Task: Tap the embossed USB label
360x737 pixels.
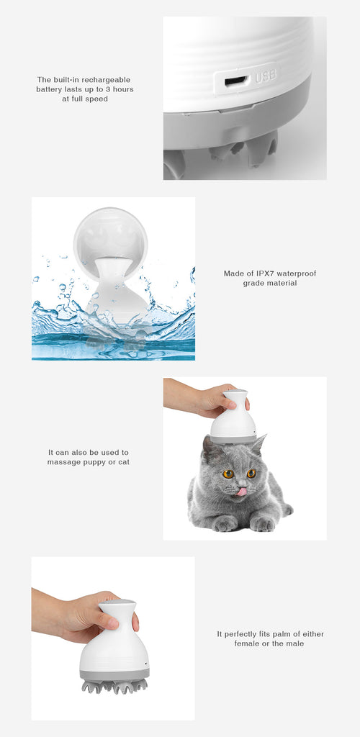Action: tap(266, 76)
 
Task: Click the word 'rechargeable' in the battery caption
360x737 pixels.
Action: tap(107, 80)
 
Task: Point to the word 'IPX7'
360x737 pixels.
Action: tap(264, 273)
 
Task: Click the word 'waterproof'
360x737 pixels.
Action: tap(297, 273)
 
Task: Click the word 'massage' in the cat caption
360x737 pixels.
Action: tap(62, 463)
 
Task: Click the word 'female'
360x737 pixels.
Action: tap(247, 643)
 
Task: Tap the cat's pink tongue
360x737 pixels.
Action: tap(242, 492)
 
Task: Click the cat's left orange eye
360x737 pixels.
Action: tap(228, 474)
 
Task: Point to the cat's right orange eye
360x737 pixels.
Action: tap(251, 474)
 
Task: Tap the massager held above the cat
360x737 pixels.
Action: tap(233, 417)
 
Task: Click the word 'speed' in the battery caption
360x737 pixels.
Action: tap(98, 99)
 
